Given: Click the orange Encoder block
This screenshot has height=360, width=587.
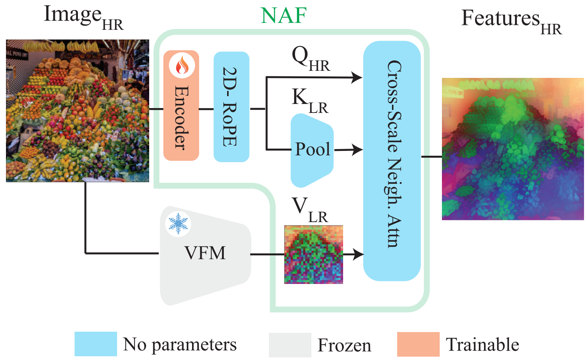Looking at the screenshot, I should click(x=181, y=112).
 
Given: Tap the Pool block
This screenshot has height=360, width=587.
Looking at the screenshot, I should click(x=312, y=150).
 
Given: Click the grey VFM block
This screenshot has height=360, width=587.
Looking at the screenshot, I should click(x=205, y=253).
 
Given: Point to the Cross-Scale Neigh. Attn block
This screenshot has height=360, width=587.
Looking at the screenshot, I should click(x=392, y=160).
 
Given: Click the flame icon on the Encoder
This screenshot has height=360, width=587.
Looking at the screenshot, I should click(x=182, y=65).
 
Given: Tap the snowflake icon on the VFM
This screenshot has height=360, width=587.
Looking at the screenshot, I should click(x=178, y=223).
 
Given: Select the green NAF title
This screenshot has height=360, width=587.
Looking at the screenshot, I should click(x=283, y=16).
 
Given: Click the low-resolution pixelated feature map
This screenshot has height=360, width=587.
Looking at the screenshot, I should click(x=313, y=255).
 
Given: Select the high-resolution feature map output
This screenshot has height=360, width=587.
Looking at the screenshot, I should click(x=512, y=149).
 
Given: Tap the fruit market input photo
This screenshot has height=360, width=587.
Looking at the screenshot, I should click(x=78, y=111).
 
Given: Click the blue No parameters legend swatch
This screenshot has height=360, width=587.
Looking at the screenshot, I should click(x=95, y=344).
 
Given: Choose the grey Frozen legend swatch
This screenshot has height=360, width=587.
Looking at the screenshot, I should click(x=290, y=345).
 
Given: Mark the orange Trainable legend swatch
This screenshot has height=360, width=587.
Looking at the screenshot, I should click(x=418, y=344).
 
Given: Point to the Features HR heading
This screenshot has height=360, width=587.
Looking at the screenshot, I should click(x=511, y=21).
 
